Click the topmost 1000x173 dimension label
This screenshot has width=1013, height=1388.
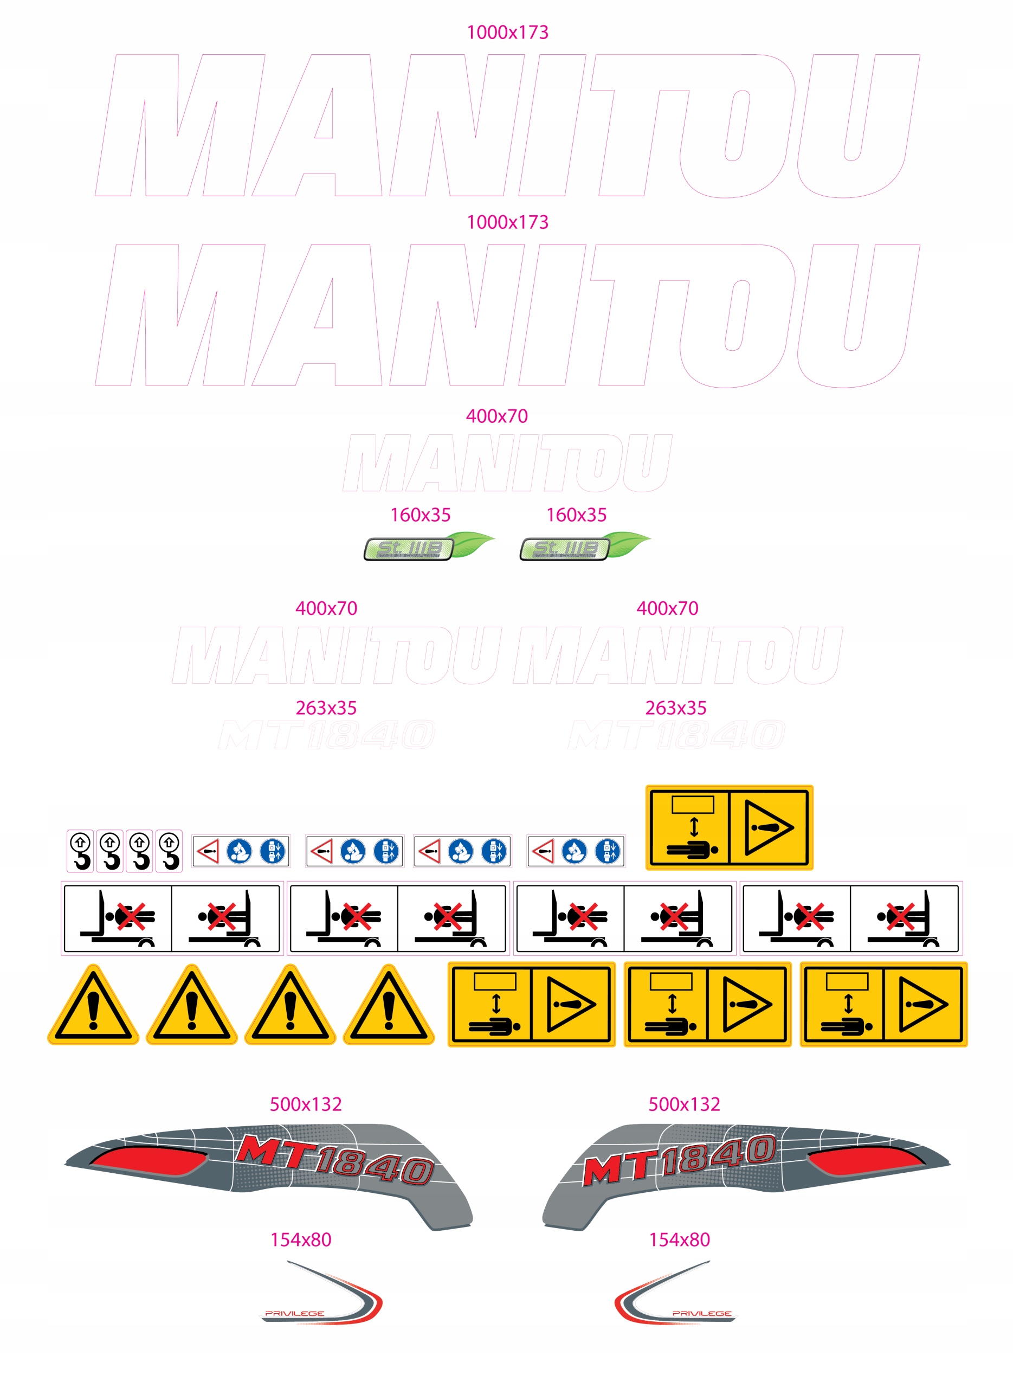tap(507, 33)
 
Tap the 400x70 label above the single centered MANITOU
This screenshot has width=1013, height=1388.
tap(496, 416)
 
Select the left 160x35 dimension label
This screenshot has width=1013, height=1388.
tap(421, 515)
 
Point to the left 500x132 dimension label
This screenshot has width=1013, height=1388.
tap(306, 1104)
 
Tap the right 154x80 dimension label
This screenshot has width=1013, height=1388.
tap(680, 1239)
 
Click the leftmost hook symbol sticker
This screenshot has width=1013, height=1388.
tap(80, 851)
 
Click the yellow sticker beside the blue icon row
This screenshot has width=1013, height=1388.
tap(729, 827)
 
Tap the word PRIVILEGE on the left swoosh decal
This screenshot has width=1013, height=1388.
tap(294, 1313)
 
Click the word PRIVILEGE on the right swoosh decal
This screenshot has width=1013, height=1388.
tap(702, 1313)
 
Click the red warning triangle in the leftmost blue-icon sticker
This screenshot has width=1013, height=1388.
tap(209, 851)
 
